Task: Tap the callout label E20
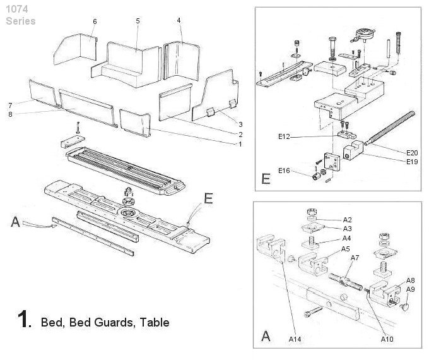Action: tap(412, 152)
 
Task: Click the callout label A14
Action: tap(296, 340)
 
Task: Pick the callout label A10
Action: tap(387, 340)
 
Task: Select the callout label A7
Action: tap(355, 258)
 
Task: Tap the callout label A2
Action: tap(347, 219)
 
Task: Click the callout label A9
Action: tap(411, 289)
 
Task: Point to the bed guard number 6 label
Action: tap(95, 22)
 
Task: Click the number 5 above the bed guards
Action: tap(138, 21)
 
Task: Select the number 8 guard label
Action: tap(11, 114)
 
